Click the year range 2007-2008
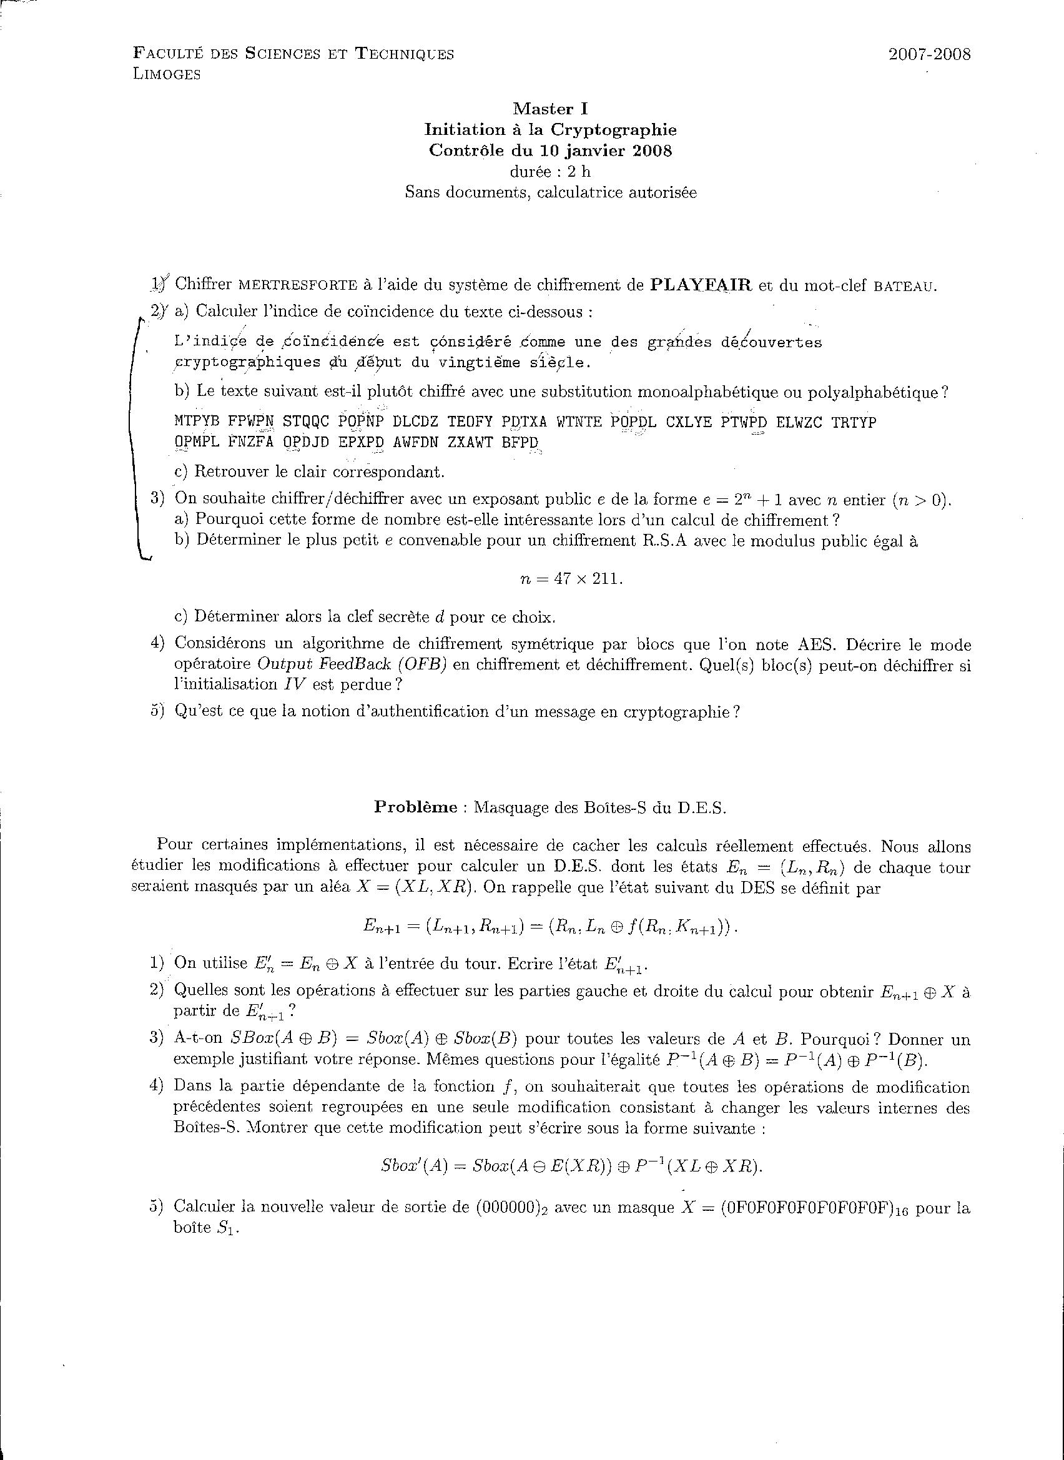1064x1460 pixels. coord(929,54)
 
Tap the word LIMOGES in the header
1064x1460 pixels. coord(167,75)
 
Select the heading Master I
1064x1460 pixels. coord(550,109)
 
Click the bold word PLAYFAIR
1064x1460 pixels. coord(701,285)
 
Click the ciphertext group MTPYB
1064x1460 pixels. coord(197,422)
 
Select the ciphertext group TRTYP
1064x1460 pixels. coord(854,422)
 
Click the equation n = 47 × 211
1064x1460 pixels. coord(571,578)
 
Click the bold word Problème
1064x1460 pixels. coord(415,807)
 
